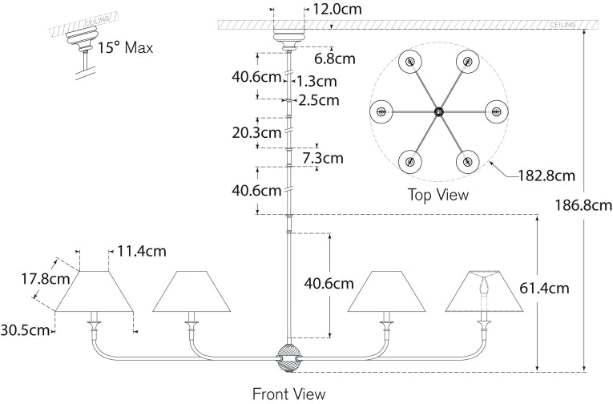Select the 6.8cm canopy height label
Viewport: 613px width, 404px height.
coord(334,59)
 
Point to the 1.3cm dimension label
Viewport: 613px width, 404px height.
coord(316,81)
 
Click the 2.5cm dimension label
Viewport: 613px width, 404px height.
coord(318,100)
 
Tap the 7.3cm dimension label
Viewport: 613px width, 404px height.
coord(323,158)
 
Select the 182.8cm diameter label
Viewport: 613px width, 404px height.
coord(546,174)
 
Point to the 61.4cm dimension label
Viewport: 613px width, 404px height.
coord(546,288)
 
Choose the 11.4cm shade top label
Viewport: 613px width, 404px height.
coord(142,251)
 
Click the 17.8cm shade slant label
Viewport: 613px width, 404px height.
coord(42,280)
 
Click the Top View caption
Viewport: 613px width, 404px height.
coord(438,194)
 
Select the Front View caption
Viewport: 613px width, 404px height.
coord(289,394)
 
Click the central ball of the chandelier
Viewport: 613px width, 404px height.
coord(288,357)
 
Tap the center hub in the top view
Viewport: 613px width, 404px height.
coord(438,111)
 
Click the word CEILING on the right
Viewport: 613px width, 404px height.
coord(562,26)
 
